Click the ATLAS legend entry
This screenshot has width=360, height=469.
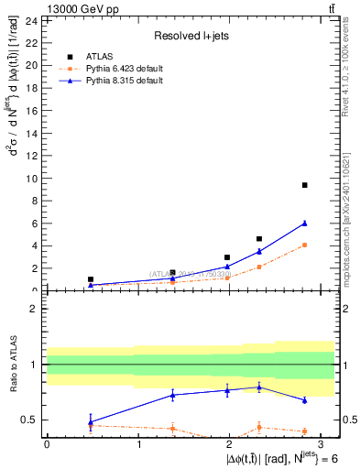coord(100,57)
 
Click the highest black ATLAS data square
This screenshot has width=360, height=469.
coord(304,185)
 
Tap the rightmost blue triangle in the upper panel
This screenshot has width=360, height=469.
coord(304,224)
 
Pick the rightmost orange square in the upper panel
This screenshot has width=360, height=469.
coord(304,245)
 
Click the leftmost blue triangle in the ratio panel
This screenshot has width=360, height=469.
coord(90,422)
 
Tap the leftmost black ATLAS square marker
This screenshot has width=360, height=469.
coord(90,279)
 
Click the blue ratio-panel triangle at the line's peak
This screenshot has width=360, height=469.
coord(259,387)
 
